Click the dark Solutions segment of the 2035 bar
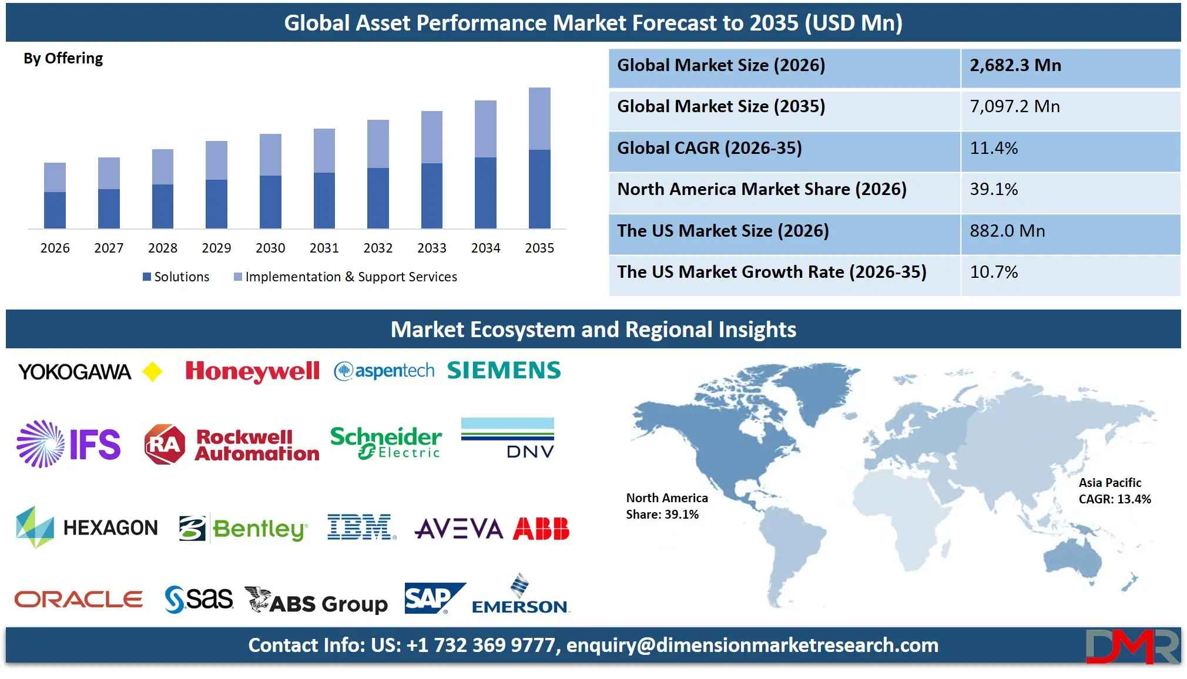point(539,189)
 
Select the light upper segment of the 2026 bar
point(55,177)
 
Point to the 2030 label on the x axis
point(270,248)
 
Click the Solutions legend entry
point(176,277)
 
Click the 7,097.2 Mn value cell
point(1015,106)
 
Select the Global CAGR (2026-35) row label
point(709,148)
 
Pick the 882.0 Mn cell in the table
point(1007,231)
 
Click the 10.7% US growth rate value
point(994,272)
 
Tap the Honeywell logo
point(252,371)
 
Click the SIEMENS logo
point(504,371)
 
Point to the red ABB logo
point(541,529)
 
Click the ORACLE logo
point(79,600)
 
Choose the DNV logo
point(508,438)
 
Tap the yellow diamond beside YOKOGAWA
point(153,372)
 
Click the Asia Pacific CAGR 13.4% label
point(1114,491)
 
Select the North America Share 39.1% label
point(666,506)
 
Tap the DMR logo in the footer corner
point(1132,646)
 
